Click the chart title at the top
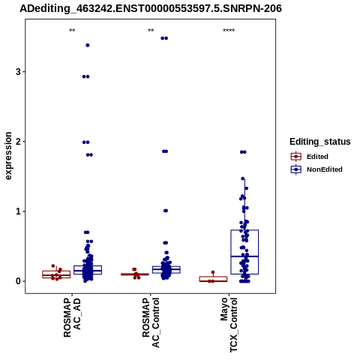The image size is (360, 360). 151,8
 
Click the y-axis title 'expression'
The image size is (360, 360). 8,156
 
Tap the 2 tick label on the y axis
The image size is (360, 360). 18,142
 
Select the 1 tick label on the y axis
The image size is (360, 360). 18,211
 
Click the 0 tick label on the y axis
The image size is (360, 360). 18,281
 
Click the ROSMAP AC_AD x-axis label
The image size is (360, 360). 72,317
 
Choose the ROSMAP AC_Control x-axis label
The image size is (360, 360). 151,322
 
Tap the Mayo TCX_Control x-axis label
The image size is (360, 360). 229,325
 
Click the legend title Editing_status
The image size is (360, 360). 320,142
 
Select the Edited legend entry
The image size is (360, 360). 310,157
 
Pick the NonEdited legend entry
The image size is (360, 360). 316,169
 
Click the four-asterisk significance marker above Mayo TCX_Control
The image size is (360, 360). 229,31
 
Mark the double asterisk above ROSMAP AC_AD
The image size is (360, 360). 72,31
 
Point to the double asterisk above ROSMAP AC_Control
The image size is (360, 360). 151,31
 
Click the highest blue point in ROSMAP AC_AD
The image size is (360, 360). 88,45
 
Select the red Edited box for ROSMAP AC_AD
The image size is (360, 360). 56,271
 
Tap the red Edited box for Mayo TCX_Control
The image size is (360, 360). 213,277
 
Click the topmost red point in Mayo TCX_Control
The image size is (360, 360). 213,272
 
